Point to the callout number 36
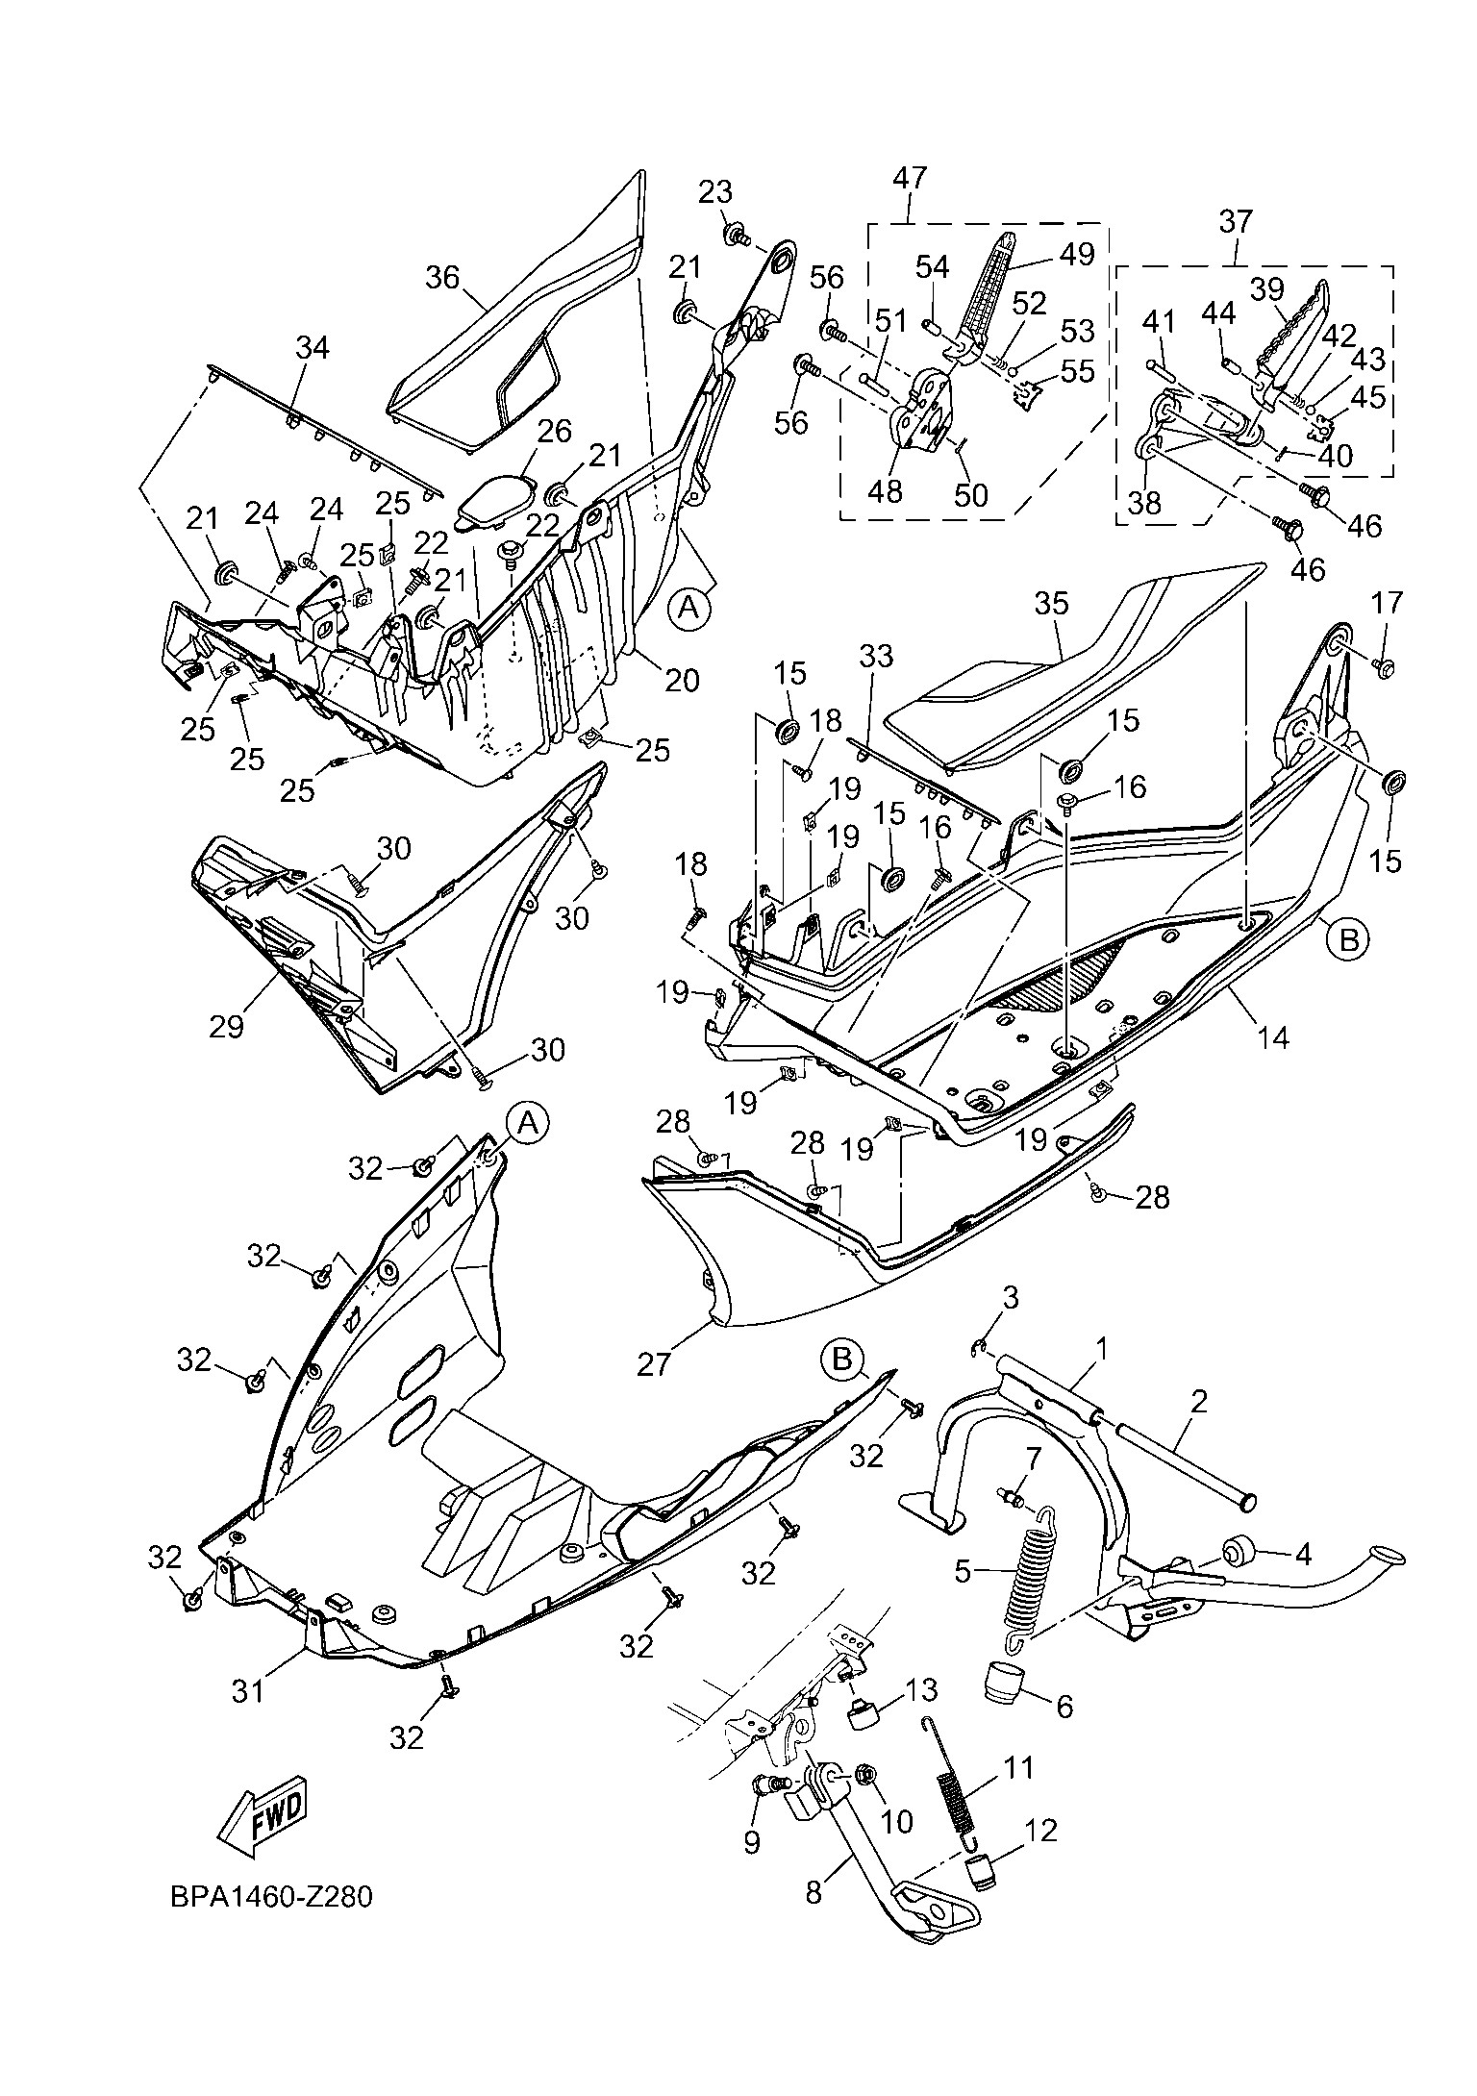coord(442,278)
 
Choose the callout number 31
coord(247,1688)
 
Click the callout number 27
coord(653,1362)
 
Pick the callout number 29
coord(226,1025)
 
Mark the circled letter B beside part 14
coord(1348,938)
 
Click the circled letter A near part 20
coord(688,608)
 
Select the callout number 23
coord(714,192)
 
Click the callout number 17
coord(1387,604)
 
